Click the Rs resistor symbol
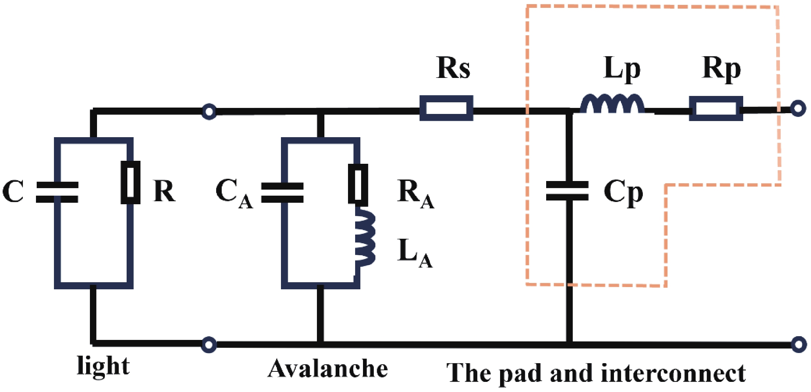[446, 108]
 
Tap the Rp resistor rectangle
[716, 109]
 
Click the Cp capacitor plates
[567, 191]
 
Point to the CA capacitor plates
[282, 192]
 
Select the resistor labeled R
[130, 183]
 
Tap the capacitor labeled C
[57, 192]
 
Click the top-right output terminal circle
[798, 109]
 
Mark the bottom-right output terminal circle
[799, 344]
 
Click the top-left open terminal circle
[209, 112]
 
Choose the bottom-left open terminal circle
[209, 344]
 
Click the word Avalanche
[328, 369]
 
